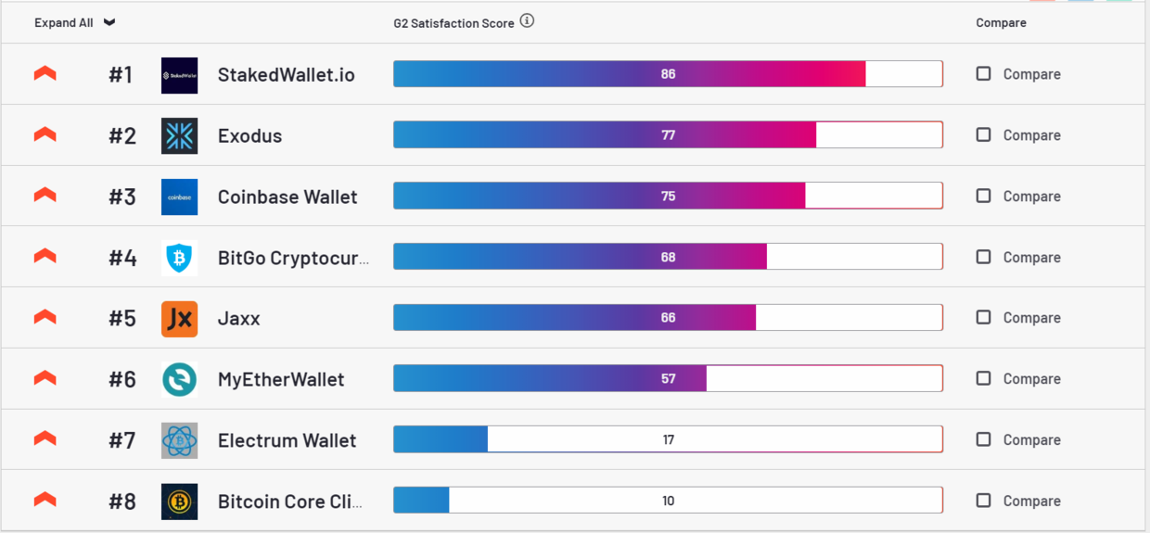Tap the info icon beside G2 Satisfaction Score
527,21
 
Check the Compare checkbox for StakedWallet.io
983,73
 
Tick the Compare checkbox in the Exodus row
983,134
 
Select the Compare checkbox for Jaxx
983,317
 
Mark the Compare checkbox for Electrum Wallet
983,439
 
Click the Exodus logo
179,136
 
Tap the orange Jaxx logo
179,319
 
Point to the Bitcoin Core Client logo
179,501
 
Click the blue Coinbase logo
179,197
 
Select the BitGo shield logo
179,258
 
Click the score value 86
668,74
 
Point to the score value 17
668,440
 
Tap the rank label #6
122,379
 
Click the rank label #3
122,197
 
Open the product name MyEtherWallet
280,379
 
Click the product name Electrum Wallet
287,440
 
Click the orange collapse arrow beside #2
45,134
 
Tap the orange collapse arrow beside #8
45,501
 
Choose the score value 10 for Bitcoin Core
668,501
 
